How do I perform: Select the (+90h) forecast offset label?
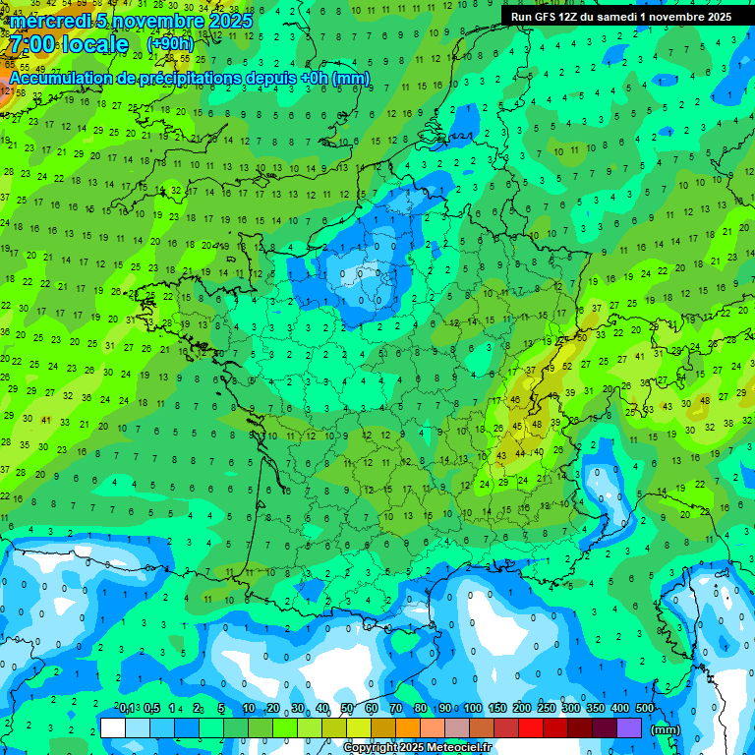click(170, 44)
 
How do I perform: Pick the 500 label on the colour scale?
click(645, 709)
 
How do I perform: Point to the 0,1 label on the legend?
click(127, 709)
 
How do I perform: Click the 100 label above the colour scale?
click(473, 709)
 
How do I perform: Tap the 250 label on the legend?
click(547, 709)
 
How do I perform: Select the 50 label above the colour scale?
click(347, 709)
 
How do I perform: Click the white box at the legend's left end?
click(113, 727)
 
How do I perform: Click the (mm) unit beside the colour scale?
click(667, 729)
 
